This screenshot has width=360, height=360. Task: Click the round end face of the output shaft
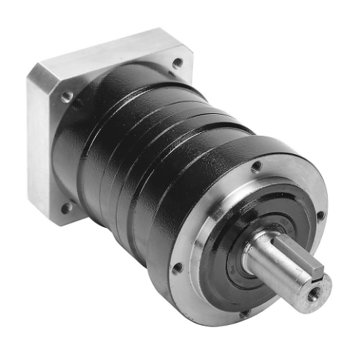[x=310, y=292]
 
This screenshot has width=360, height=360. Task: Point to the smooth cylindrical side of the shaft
[x=274, y=263]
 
